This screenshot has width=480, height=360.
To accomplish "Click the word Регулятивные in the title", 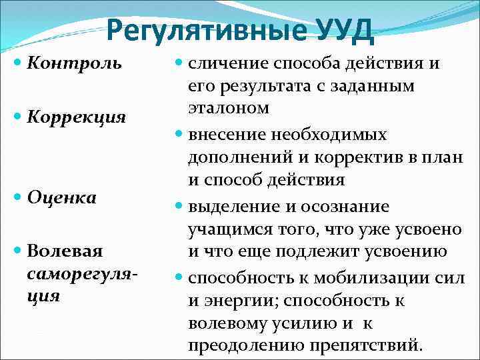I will tap(201, 31).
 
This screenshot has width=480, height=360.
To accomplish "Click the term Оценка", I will tap(62, 197).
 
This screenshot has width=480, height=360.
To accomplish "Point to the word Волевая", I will tap(65, 251).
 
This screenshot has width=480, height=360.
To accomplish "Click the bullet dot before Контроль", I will tap(18, 64).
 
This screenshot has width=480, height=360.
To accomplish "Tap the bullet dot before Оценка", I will tap(18, 198).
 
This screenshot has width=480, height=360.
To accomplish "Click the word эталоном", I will tap(229, 108).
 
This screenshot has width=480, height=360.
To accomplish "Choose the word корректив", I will tap(383, 157).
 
